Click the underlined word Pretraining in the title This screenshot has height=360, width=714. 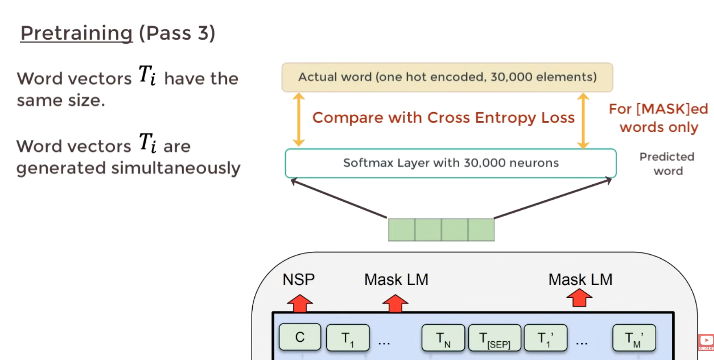(x=77, y=33)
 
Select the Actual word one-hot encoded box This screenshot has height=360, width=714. (x=447, y=77)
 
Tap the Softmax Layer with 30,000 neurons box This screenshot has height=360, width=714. (x=450, y=163)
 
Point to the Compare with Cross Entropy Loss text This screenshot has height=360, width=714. (x=443, y=118)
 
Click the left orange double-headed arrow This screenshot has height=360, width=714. (x=298, y=120)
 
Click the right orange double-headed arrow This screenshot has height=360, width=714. (x=583, y=120)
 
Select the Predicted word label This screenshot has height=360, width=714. (x=667, y=163)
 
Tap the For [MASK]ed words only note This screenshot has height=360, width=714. (x=658, y=118)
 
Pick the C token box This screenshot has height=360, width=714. (x=300, y=337)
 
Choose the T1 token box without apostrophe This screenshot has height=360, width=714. (x=347, y=338)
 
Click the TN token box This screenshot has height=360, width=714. (x=443, y=338)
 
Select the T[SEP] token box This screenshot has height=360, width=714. (x=494, y=338)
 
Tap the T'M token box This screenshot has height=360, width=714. (x=634, y=338)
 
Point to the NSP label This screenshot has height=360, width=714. (x=299, y=280)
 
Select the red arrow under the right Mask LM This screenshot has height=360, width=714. (x=579, y=298)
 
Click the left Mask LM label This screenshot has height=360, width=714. (x=396, y=280)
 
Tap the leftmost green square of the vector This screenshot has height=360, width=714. (x=401, y=230)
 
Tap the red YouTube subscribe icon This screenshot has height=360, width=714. (x=706, y=342)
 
